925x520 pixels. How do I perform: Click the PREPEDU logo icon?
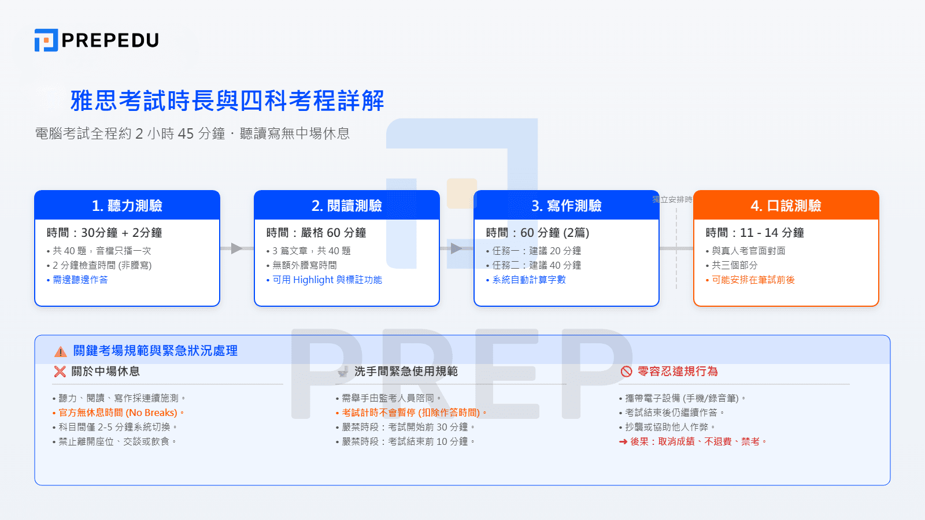pos(46,40)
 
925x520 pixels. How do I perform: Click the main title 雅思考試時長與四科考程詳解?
pos(227,101)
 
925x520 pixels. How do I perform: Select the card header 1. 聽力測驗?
pos(127,206)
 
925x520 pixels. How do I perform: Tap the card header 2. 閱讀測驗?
pos(347,206)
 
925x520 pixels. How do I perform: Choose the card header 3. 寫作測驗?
pos(567,206)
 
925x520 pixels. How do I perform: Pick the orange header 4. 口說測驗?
pos(786,206)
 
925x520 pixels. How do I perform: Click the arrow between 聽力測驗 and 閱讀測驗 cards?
pos(236,248)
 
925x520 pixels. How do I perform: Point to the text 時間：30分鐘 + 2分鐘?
pos(105,233)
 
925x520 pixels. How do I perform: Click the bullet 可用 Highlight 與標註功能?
pos(327,280)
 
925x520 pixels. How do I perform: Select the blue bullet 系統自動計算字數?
pos(528,280)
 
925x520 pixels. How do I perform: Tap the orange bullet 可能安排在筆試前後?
pos(753,280)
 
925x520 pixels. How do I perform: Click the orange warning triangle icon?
pos(61,351)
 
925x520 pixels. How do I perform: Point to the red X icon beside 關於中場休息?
pos(60,372)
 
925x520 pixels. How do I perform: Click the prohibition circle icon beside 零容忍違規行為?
pos(626,372)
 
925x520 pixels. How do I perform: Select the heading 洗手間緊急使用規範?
pos(406,372)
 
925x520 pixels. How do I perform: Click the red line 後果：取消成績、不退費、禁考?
pos(697,441)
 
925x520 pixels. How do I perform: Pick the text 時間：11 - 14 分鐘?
pos(754,233)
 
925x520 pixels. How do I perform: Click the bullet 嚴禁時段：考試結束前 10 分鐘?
pos(408,441)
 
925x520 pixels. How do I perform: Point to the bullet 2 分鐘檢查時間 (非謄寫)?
pos(102,265)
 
